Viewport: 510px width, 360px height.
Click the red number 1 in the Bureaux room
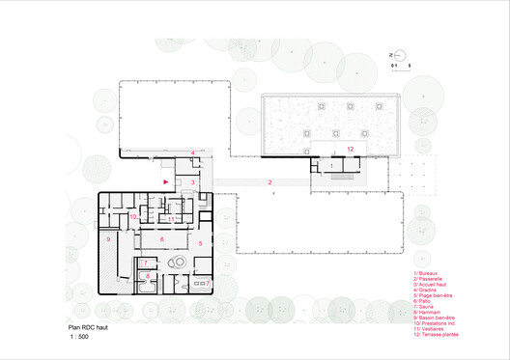tap(332, 167)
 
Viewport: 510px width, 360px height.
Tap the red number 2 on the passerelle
tap(270, 181)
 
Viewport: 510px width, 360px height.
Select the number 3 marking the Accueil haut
tap(192, 181)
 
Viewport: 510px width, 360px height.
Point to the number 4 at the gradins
tap(192, 153)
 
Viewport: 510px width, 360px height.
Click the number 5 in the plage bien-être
tap(200, 244)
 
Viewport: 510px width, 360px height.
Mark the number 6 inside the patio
tap(161, 236)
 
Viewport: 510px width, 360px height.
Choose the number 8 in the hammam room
tap(147, 277)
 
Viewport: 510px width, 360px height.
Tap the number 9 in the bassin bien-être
tap(109, 238)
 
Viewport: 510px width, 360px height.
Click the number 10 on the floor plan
tap(134, 217)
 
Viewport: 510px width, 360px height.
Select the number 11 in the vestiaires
tap(170, 219)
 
